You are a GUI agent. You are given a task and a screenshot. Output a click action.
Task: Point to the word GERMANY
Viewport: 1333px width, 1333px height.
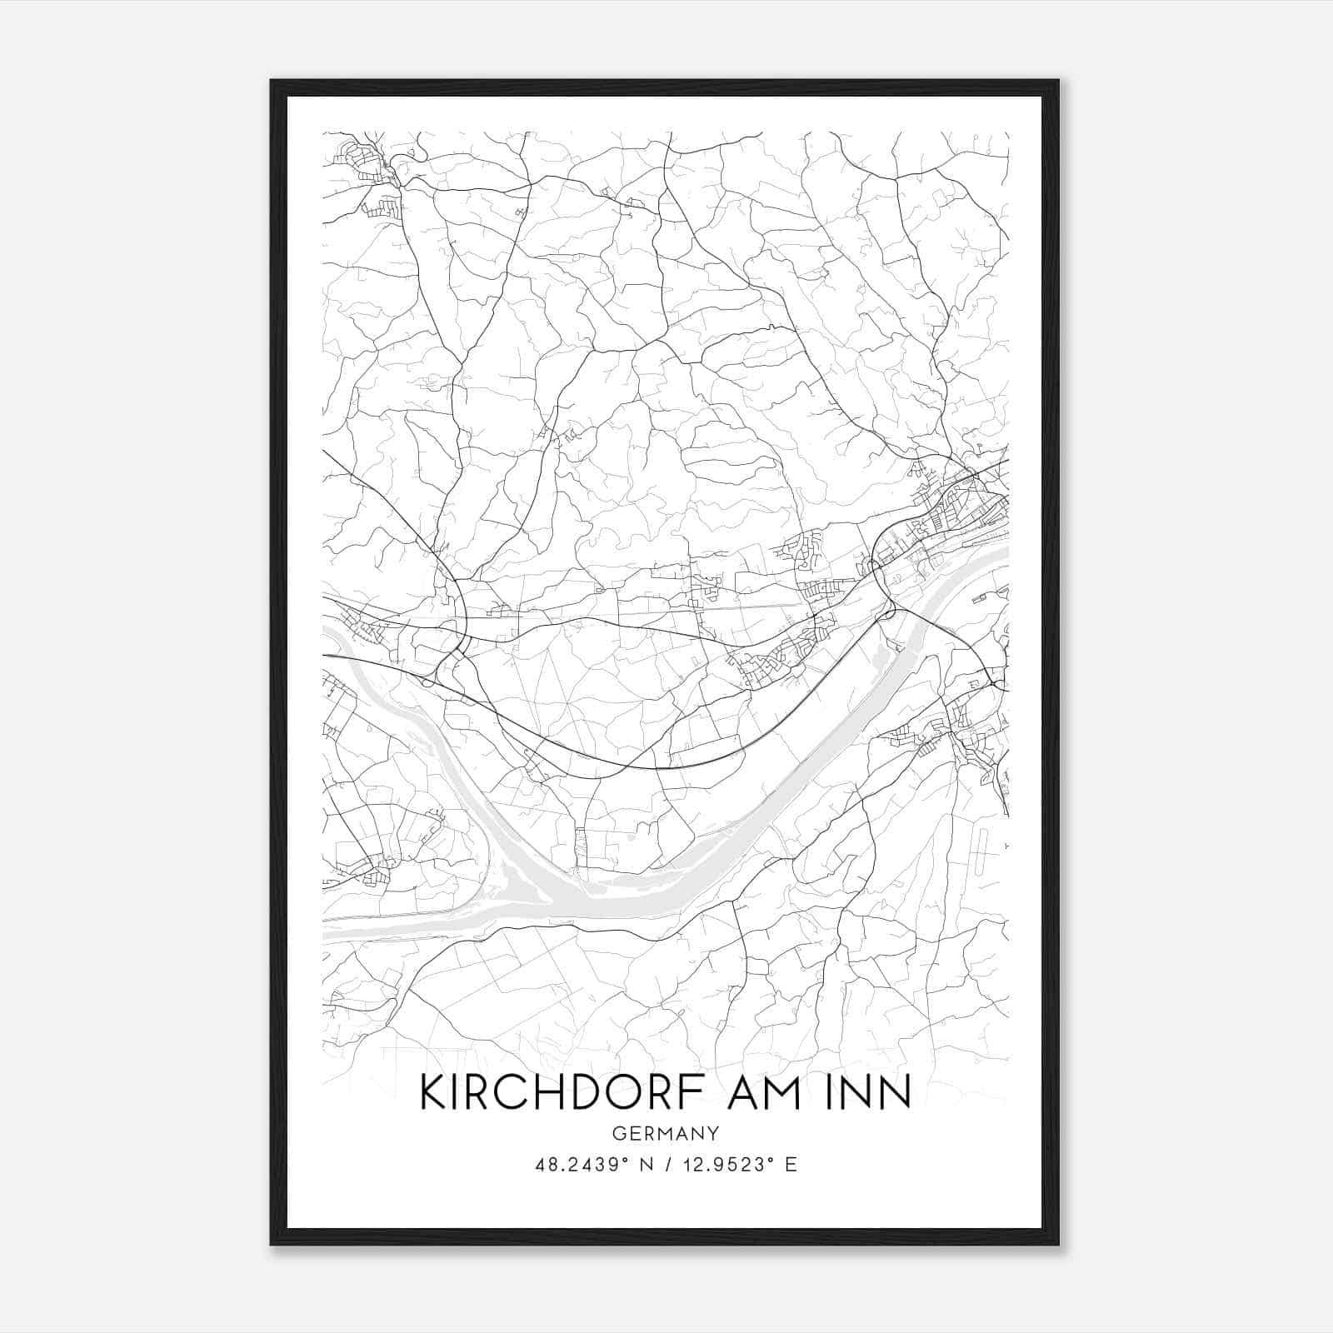pyautogui.click(x=666, y=1133)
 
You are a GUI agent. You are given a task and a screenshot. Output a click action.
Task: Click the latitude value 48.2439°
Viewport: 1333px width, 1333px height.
pyautogui.click(x=580, y=1165)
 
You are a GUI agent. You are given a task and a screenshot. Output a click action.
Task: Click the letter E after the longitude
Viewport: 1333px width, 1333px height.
pyautogui.click(x=791, y=1165)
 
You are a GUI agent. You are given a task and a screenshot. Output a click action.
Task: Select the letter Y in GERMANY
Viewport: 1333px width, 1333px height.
pyautogui.click(x=713, y=1133)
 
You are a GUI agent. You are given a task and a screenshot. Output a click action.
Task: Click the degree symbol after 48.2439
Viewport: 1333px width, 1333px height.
pyautogui.click(x=625, y=1160)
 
